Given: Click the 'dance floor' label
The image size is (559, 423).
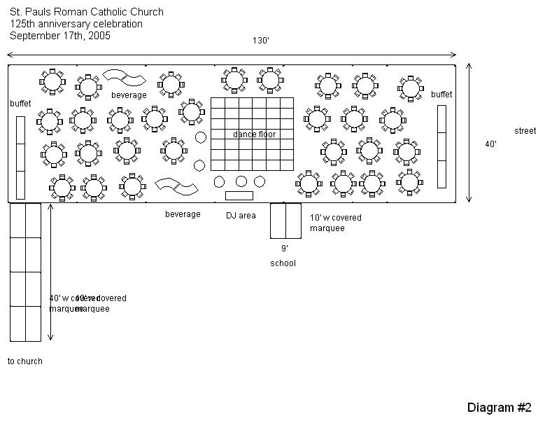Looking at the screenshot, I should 254,134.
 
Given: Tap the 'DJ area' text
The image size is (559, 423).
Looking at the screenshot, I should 241,216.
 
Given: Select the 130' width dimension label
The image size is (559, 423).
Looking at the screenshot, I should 261,41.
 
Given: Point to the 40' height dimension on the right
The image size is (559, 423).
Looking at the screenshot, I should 491,144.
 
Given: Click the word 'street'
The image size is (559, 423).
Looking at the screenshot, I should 525,131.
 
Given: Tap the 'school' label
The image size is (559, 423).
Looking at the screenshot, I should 283,263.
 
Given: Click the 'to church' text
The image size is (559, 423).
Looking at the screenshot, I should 25,361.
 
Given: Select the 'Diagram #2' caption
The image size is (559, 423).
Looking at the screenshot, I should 500,408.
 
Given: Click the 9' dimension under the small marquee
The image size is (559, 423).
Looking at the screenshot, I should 285,249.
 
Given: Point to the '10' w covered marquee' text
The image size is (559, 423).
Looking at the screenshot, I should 336,223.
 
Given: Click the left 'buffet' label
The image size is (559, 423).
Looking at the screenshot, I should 20,104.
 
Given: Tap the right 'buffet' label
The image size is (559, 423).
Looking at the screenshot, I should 441,95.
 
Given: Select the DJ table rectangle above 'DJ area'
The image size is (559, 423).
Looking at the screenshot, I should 239,195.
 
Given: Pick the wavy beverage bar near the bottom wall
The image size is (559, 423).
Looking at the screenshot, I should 177,186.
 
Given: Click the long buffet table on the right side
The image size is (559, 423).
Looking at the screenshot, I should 441,146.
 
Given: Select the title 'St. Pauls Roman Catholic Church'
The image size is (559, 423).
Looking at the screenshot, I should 87,12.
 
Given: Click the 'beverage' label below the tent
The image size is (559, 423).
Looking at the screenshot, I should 183,214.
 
